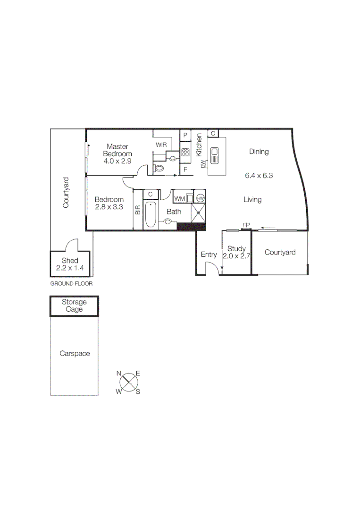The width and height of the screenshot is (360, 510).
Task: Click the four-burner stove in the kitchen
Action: [x=185, y=152]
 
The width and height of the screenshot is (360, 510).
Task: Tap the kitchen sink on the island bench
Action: [x=216, y=154]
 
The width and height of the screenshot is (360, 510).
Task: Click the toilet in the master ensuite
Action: [x=159, y=168]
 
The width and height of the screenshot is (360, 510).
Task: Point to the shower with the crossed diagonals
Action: [x=199, y=213]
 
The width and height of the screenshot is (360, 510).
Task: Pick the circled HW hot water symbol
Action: [x=200, y=198]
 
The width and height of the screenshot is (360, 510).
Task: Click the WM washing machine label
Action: [x=179, y=198]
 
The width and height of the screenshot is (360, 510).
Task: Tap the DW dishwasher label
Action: [x=203, y=164]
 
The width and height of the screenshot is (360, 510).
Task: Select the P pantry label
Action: [x=185, y=135]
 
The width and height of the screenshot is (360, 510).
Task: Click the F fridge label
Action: [x=185, y=169]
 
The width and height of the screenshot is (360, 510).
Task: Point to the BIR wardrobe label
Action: [x=138, y=210]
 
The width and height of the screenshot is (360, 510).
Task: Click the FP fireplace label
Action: [x=245, y=225]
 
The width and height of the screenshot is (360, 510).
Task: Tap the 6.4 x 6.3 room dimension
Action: [x=259, y=176]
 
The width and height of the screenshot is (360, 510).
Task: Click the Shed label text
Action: [x=70, y=261]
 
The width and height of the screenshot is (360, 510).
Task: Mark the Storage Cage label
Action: [x=74, y=306]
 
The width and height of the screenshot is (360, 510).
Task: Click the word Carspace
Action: [x=74, y=353]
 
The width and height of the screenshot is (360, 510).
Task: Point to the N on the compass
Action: [x=120, y=374]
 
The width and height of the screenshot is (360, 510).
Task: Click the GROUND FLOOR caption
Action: [x=71, y=284]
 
